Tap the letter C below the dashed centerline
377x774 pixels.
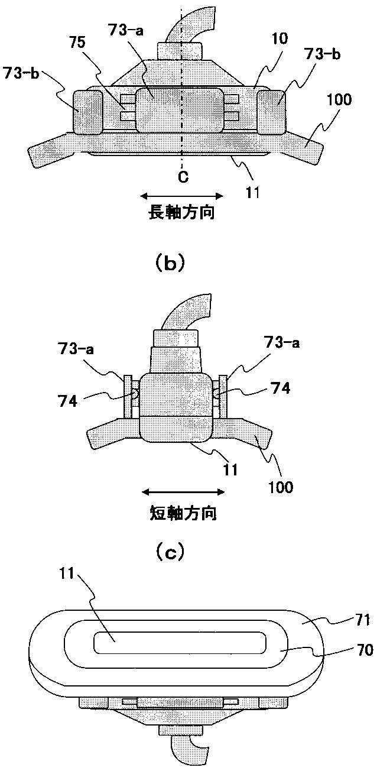pyautogui.click(x=184, y=178)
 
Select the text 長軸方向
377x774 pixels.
pyautogui.click(x=181, y=213)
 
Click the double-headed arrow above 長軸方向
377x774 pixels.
pyautogui.click(x=182, y=196)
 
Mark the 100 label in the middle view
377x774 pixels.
pyautogui.click(x=280, y=488)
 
